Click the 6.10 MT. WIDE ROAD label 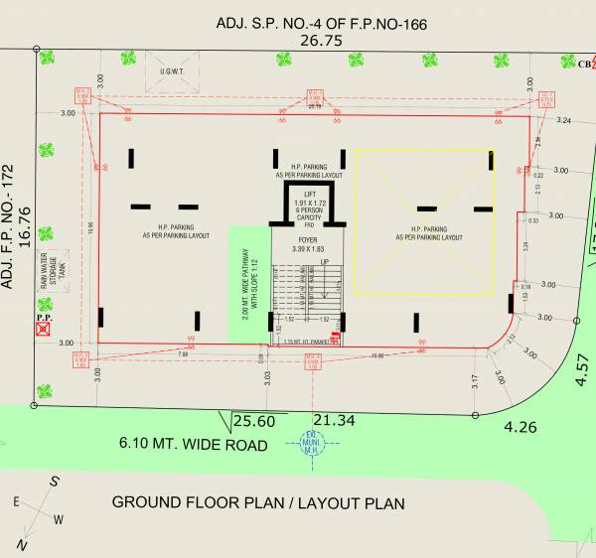pyautogui.click(x=194, y=444)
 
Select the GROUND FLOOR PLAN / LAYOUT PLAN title pyautogui.click(x=257, y=502)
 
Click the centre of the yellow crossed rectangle pyautogui.click(x=425, y=222)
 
